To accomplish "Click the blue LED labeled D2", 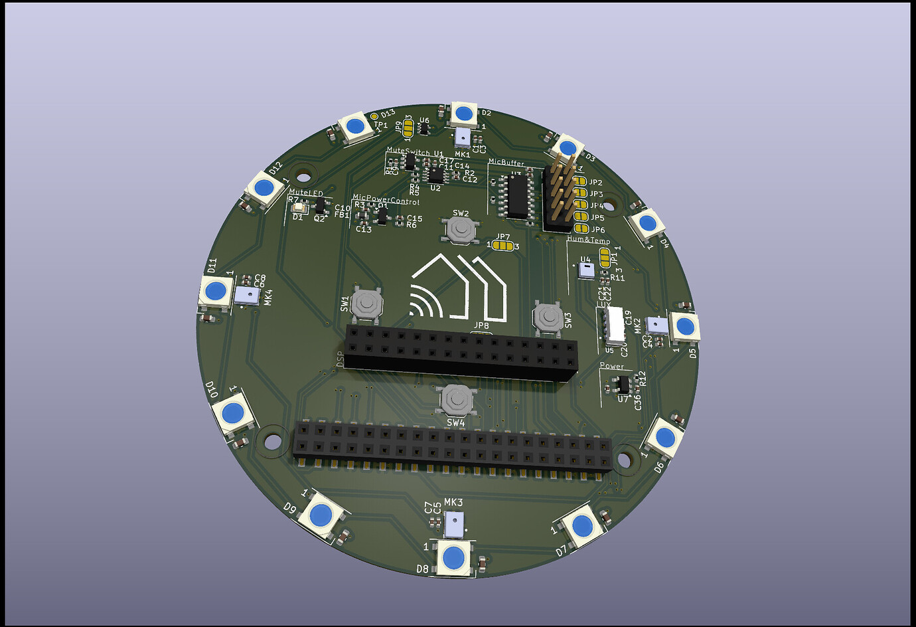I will [x=463, y=114].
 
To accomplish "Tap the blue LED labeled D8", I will [x=453, y=558].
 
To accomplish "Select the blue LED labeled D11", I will [x=216, y=291].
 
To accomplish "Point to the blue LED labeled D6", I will [x=664, y=437].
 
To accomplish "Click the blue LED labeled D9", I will [x=321, y=515].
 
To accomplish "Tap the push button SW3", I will [x=548, y=317].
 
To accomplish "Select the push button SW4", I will [x=457, y=400].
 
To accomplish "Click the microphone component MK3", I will [x=454, y=524].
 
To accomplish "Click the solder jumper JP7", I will [x=504, y=246].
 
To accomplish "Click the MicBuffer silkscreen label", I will [x=506, y=163].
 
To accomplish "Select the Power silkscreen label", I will [x=611, y=366].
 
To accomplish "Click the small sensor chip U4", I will [x=586, y=270].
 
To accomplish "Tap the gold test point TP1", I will [x=374, y=117].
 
